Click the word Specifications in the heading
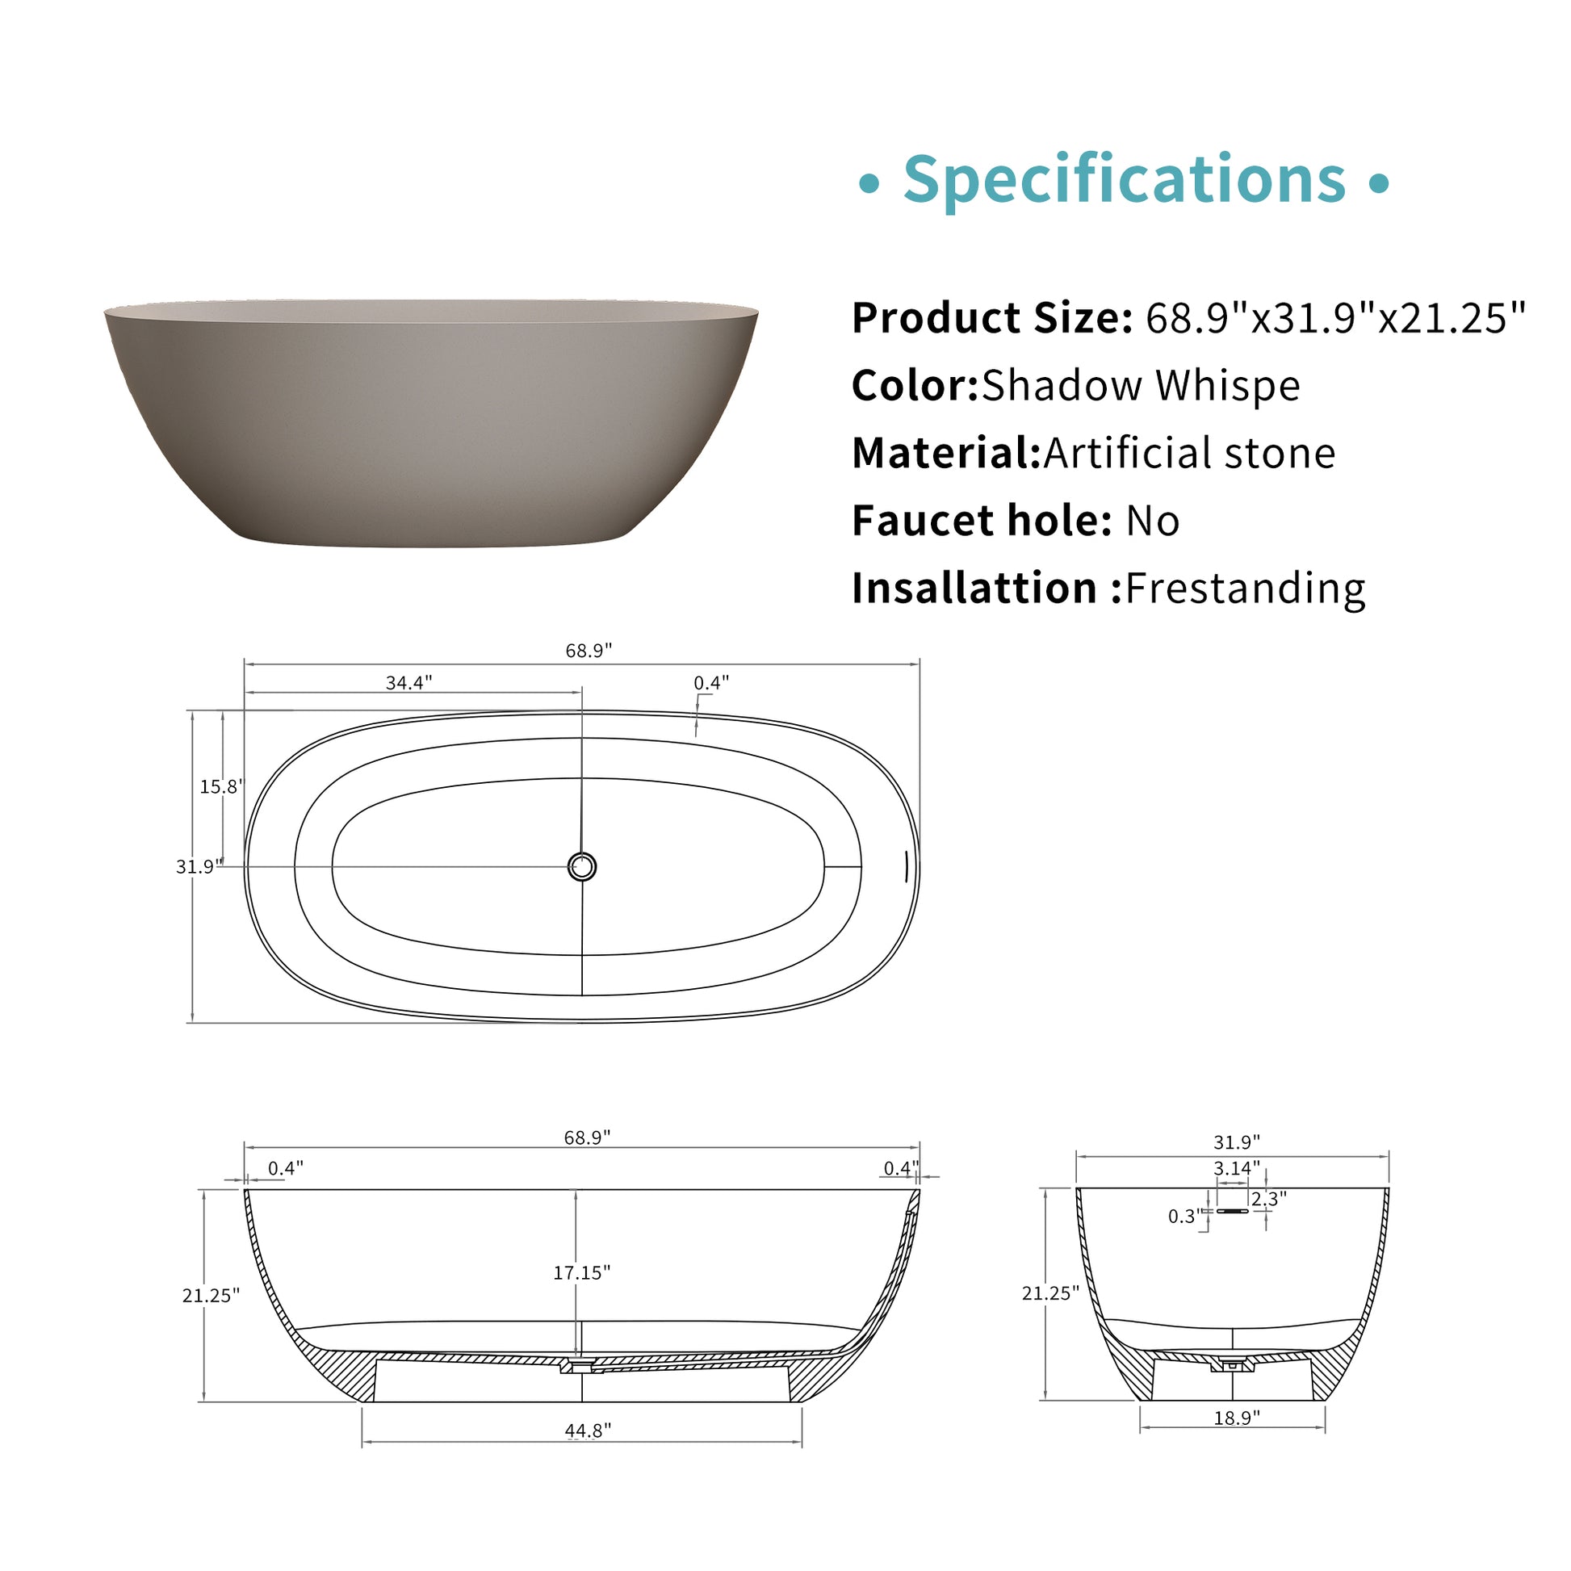click(x=1125, y=180)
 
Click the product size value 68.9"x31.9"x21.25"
click(x=1336, y=318)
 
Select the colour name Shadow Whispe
click(x=1141, y=385)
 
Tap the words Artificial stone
click(x=1190, y=453)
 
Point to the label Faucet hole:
click(x=982, y=521)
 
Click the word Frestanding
click(x=1246, y=588)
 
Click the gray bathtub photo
click(x=431, y=423)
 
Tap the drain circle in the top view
click(x=581, y=867)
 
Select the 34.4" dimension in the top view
click(x=409, y=682)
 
